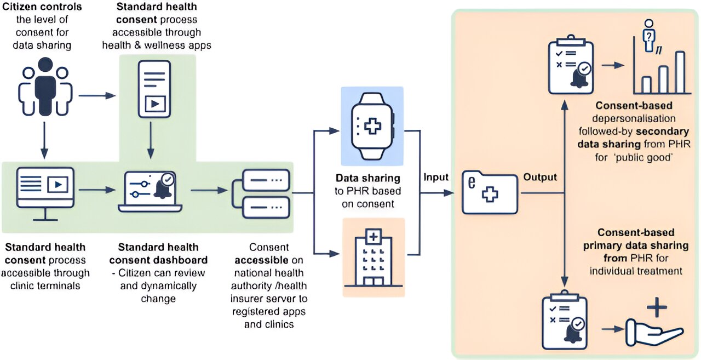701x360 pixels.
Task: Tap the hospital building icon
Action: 374,258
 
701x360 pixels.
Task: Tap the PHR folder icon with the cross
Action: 489,193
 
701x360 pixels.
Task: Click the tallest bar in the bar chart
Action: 680,72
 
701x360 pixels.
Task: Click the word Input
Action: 436,177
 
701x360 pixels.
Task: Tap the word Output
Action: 540,177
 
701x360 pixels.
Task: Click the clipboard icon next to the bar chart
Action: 569,65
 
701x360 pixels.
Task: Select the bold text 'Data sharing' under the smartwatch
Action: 368,179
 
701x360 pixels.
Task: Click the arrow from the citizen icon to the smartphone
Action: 97,96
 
